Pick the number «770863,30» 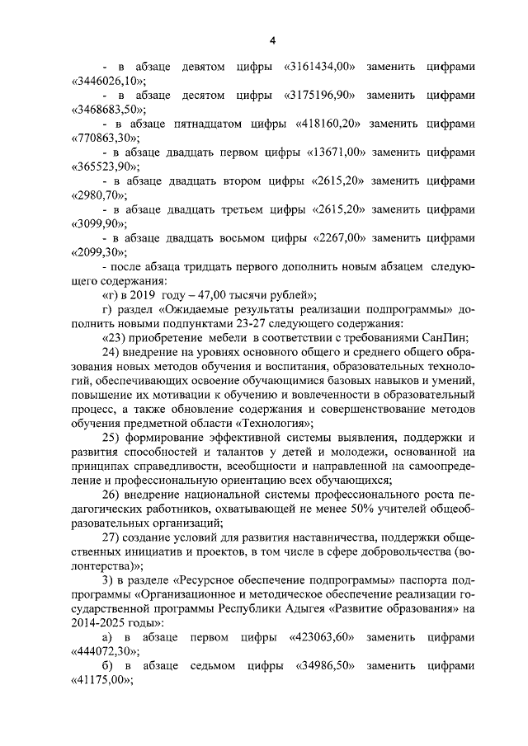coord(105,138)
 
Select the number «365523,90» coord(105,167)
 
